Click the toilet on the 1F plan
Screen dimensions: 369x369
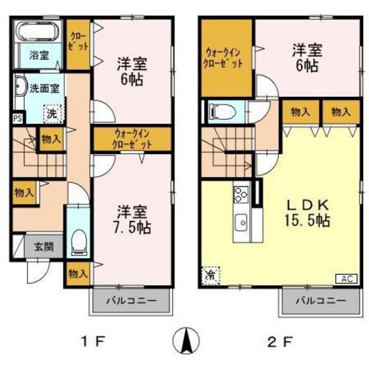78,239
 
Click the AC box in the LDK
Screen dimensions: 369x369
347,279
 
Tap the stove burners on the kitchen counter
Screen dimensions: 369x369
240,195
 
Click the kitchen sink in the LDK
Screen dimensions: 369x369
240,223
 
